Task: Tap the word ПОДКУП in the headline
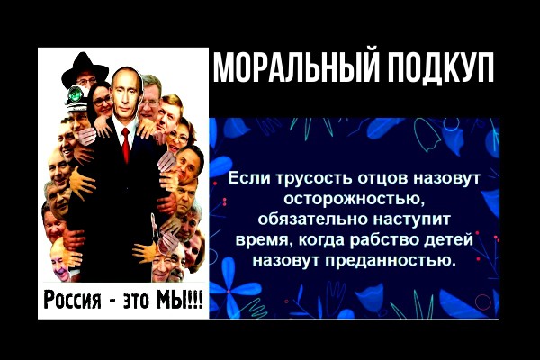point(439,67)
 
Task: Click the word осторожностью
point(355,199)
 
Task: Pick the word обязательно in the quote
point(314,219)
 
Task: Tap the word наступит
point(412,220)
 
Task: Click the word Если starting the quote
point(245,179)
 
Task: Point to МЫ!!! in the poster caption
point(179,298)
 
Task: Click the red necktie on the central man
point(126,145)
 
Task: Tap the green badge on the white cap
point(75,94)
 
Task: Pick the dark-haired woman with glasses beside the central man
point(101,102)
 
